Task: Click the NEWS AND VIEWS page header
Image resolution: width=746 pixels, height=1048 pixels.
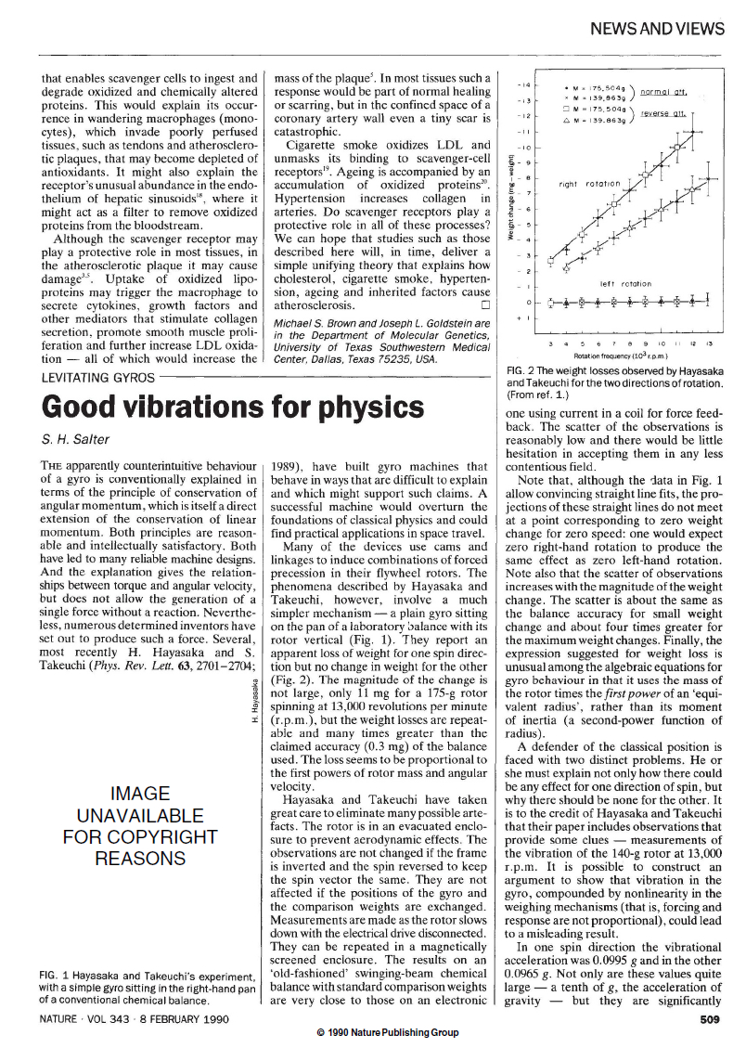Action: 663,30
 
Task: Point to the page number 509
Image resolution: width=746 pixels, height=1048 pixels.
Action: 715,1018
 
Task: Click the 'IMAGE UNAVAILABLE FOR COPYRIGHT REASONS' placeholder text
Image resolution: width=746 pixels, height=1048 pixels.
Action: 139,825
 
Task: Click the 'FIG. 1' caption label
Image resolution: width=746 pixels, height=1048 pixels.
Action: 55,975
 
